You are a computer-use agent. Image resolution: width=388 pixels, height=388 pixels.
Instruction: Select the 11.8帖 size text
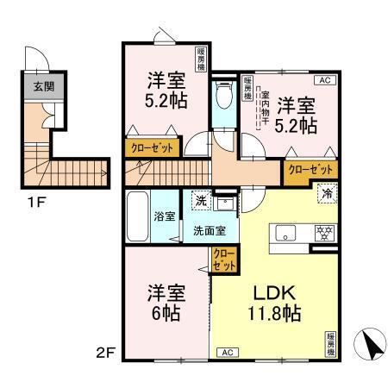tap(274, 313)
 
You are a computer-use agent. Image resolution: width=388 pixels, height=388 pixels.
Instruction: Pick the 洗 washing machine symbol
tap(200, 199)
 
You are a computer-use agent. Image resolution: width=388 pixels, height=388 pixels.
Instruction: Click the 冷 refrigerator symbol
tap(328, 194)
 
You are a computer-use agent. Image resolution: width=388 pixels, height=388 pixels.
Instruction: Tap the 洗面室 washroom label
tap(209, 230)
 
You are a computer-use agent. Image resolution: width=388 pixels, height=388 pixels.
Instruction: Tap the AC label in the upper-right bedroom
tap(325, 80)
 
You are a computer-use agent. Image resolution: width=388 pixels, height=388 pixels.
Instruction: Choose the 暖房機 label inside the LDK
tap(331, 344)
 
